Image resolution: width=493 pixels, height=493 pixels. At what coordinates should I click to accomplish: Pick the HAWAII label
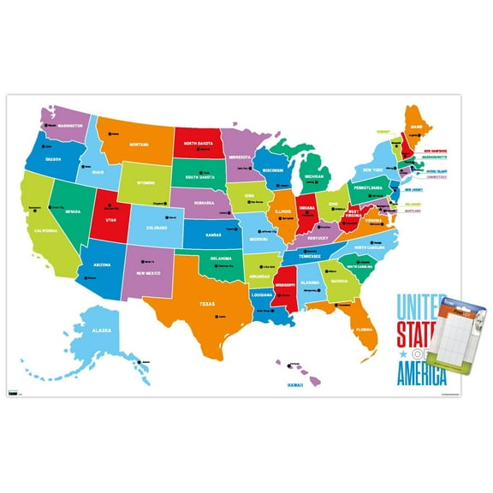[x=296, y=386]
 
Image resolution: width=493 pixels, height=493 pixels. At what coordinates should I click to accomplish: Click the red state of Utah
[x=109, y=220]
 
